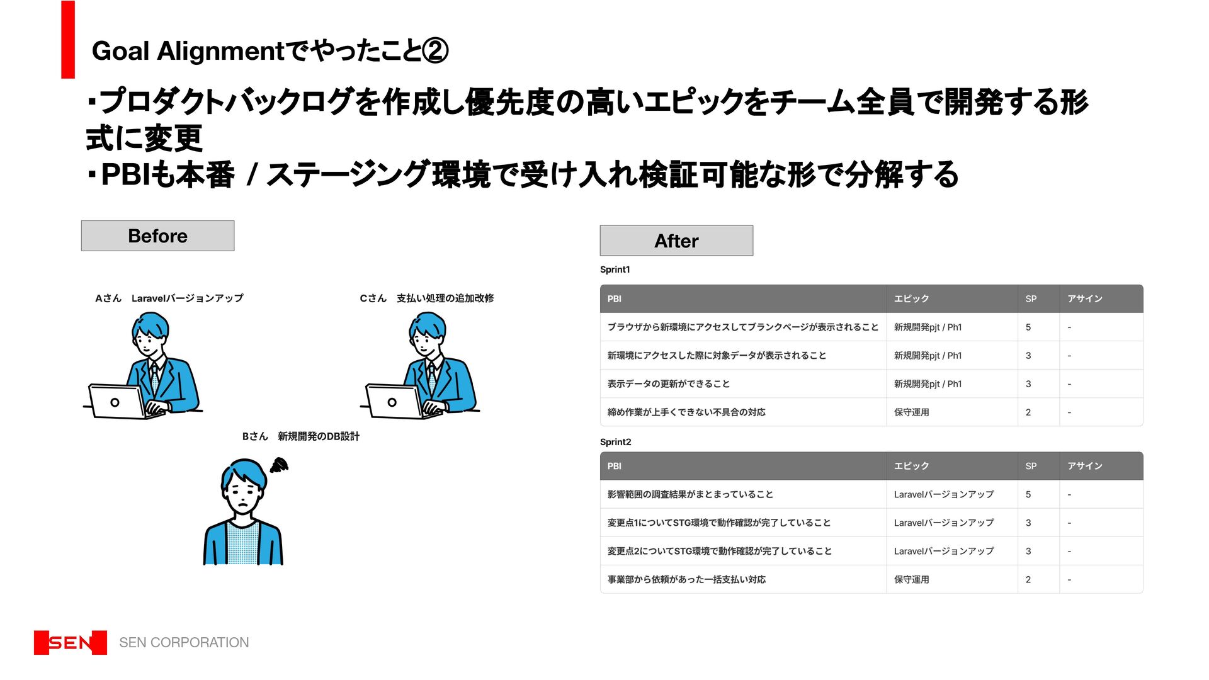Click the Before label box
(x=157, y=236)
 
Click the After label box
(x=676, y=241)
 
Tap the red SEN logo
(x=71, y=643)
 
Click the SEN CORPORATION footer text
(x=184, y=643)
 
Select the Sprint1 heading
(x=615, y=269)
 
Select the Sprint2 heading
(x=615, y=442)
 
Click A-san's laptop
(x=118, y=402)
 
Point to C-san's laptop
(x=395, y=402)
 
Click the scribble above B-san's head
(x=279, y=465)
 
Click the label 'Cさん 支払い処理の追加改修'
(x=426, y=298)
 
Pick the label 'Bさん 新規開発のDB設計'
(x=300, y=436)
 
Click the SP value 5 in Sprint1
(x=1028, y=327)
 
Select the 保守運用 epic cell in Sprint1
(x=911, y=412)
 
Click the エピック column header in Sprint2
(x=911, y=466)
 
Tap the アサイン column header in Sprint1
(x=1084, y=299)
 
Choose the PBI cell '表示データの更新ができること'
(x=668, y=384)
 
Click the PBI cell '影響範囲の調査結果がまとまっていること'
(x=690, y=495)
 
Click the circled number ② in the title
(x=435, y=51)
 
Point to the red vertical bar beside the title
(x=68, y=40)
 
